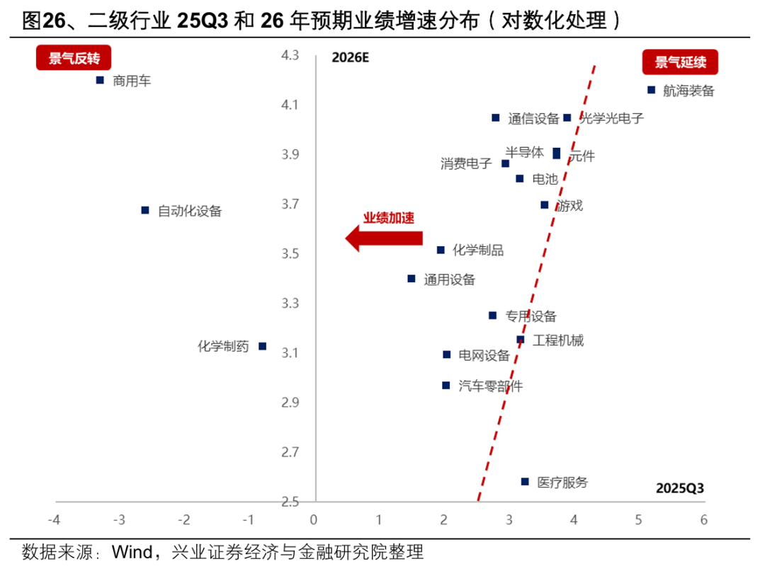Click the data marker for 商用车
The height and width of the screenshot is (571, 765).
[x=100, y=81]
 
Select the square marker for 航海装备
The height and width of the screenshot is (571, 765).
[x=651, y=90]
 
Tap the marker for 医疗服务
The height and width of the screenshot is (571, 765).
[x=525, y=482]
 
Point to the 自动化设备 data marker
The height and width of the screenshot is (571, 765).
[x=145, y=210]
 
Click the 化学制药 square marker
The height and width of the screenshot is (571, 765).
[x=262, y=346]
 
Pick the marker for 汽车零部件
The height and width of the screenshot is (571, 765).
[x=446, y=386]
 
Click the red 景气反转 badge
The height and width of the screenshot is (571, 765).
[x=75, y=59]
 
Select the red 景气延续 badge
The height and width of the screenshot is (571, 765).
[x=680, y=62]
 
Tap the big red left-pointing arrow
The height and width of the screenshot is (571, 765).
[x=383, y=239]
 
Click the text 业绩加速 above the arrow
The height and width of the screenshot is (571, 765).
[x=389, y=218]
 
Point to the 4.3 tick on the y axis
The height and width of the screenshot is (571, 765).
[x=290, y=55]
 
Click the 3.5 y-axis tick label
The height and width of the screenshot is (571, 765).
[x=290, y=254]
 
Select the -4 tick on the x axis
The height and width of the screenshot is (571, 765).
[x=54, y=520]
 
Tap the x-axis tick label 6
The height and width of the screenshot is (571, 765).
[x=704, y=520]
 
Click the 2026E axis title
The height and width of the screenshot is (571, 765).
[x=351, y=58]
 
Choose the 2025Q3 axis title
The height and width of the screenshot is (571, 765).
[x=679, y=488]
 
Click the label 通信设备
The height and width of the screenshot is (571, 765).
[x=533, y=119]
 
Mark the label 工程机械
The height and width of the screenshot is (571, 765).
[x=558, y=341]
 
